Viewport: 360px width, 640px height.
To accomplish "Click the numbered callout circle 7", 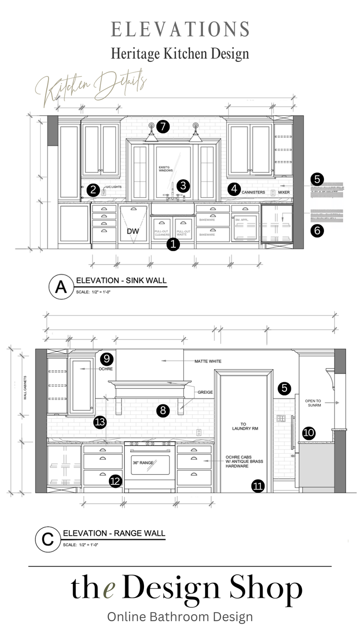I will (163, 127).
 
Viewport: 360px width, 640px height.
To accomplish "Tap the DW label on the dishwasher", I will (133, 231).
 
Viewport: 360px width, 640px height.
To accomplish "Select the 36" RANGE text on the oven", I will (143, 463).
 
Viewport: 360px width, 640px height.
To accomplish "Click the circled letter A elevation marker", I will (61, 287).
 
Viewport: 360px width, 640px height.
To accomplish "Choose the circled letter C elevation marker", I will (48, 539).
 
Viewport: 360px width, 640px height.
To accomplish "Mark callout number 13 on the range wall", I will (100, 422).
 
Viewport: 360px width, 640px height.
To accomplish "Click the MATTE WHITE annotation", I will (208, 361).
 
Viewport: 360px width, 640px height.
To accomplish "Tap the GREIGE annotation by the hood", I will (206, 392).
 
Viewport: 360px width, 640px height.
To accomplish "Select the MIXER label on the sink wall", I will (284, 192).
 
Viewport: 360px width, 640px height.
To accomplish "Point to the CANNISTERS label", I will (253, 192).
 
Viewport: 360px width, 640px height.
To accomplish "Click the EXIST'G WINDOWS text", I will (165, 169).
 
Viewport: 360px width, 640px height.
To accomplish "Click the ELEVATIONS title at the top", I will (180, 29).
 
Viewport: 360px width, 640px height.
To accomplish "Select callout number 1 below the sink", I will (173, 244).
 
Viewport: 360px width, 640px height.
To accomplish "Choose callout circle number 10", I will (309, 433).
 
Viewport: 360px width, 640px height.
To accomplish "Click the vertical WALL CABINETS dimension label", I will (25, 388).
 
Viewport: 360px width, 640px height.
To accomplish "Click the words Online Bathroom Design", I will (180, 616).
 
